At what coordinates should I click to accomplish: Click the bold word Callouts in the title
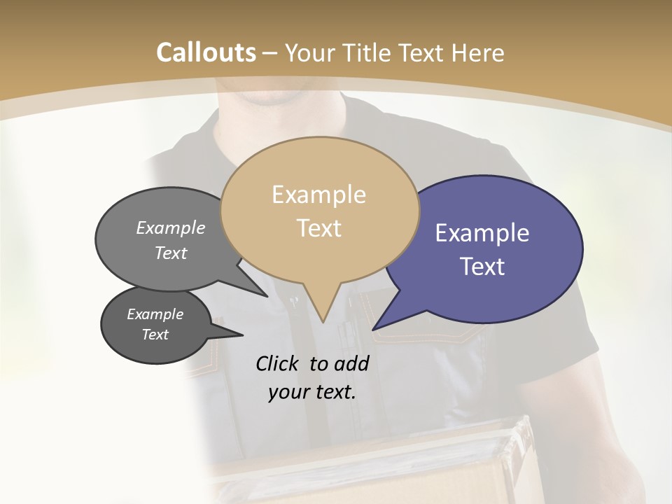tap(206, 52)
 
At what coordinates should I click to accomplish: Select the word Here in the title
tap(479, 52)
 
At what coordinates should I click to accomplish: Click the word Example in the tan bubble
tap(318, 195)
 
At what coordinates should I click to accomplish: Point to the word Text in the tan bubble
tap(318, 228)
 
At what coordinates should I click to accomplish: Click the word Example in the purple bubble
tap(482, 233)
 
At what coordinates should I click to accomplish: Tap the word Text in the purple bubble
tap(482, 267)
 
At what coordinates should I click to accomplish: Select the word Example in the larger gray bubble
tap(170, 228)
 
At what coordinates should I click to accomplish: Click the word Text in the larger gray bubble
tap(170, 253)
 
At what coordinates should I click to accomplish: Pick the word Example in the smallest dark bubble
tap(155, 314)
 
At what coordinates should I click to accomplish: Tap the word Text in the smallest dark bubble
tap(155, 335)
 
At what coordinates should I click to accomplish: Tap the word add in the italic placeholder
tap(351, 363)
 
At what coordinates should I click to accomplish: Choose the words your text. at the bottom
tap(311, 392)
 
